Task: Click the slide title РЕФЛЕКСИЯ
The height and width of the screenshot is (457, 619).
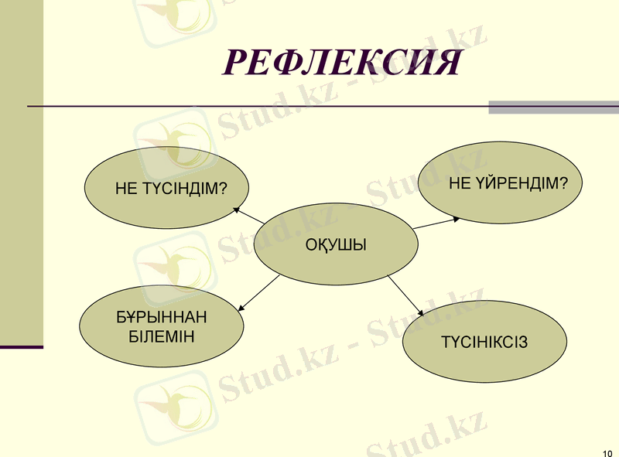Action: [x=341, y=62]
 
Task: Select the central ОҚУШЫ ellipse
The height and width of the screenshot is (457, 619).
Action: [x=336, y=246]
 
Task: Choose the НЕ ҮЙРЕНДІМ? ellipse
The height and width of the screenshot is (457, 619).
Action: [x=501, y=184]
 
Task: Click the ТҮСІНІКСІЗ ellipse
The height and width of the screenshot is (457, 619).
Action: [x=484, y=342]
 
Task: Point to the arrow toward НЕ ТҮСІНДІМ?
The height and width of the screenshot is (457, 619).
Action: [x=248, y=216]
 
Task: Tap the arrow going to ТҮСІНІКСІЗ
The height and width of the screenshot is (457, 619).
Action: [x=406, y=296]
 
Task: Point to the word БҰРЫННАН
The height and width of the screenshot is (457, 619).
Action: [x=162, y=318]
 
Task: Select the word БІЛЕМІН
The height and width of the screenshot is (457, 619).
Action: [x=162, y=336]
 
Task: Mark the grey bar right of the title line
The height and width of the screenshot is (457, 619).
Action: [x=553, y=107]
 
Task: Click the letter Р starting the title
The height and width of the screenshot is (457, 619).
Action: [x=235, y=63]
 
